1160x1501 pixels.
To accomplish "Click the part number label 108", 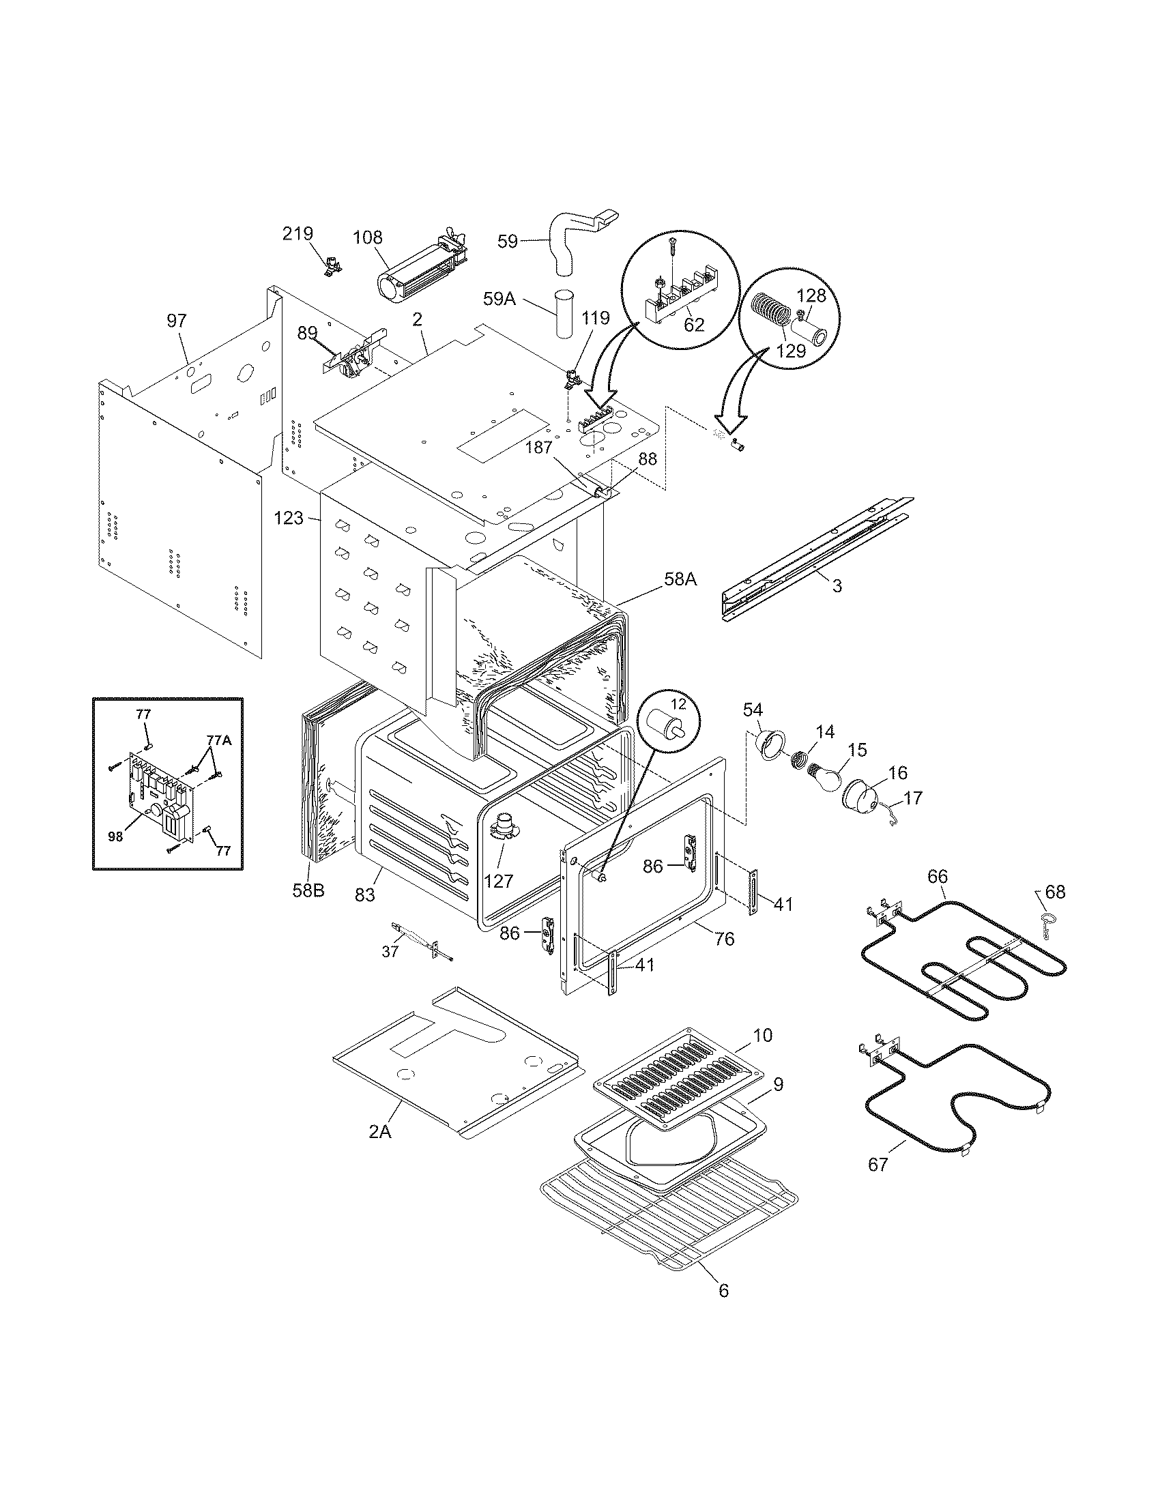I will click(368, 238).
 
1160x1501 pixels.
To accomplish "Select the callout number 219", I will click(298, 233).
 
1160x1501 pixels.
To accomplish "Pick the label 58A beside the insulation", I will click(680, 579).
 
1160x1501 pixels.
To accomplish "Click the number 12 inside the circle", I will click(678, 705).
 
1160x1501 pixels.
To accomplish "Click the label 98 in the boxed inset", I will click(115, 837).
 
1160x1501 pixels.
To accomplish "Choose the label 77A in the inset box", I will click(219, 740).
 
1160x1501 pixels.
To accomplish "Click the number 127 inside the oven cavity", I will click(498, 879).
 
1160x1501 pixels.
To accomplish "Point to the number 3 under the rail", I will click(837, 585).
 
